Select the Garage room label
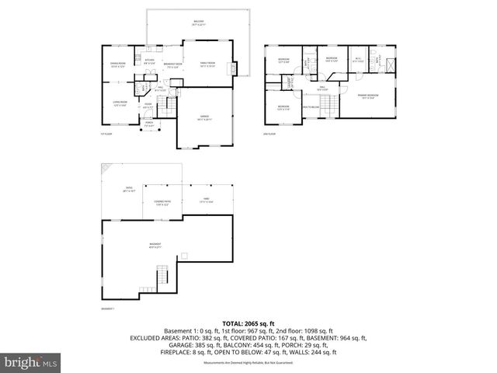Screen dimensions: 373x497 (x=203, y=118)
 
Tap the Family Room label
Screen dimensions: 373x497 (x=207, y=64)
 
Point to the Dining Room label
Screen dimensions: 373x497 (x=119, y=64)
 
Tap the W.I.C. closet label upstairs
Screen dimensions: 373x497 (x=358, y=60)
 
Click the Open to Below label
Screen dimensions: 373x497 (x=311, y=106)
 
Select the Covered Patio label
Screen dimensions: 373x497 (x=162, y=204)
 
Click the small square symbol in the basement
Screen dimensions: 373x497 (x=184, y=256)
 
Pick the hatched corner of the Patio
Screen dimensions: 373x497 (x=107, y=169)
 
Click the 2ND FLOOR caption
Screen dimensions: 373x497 (x=270, y=134)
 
